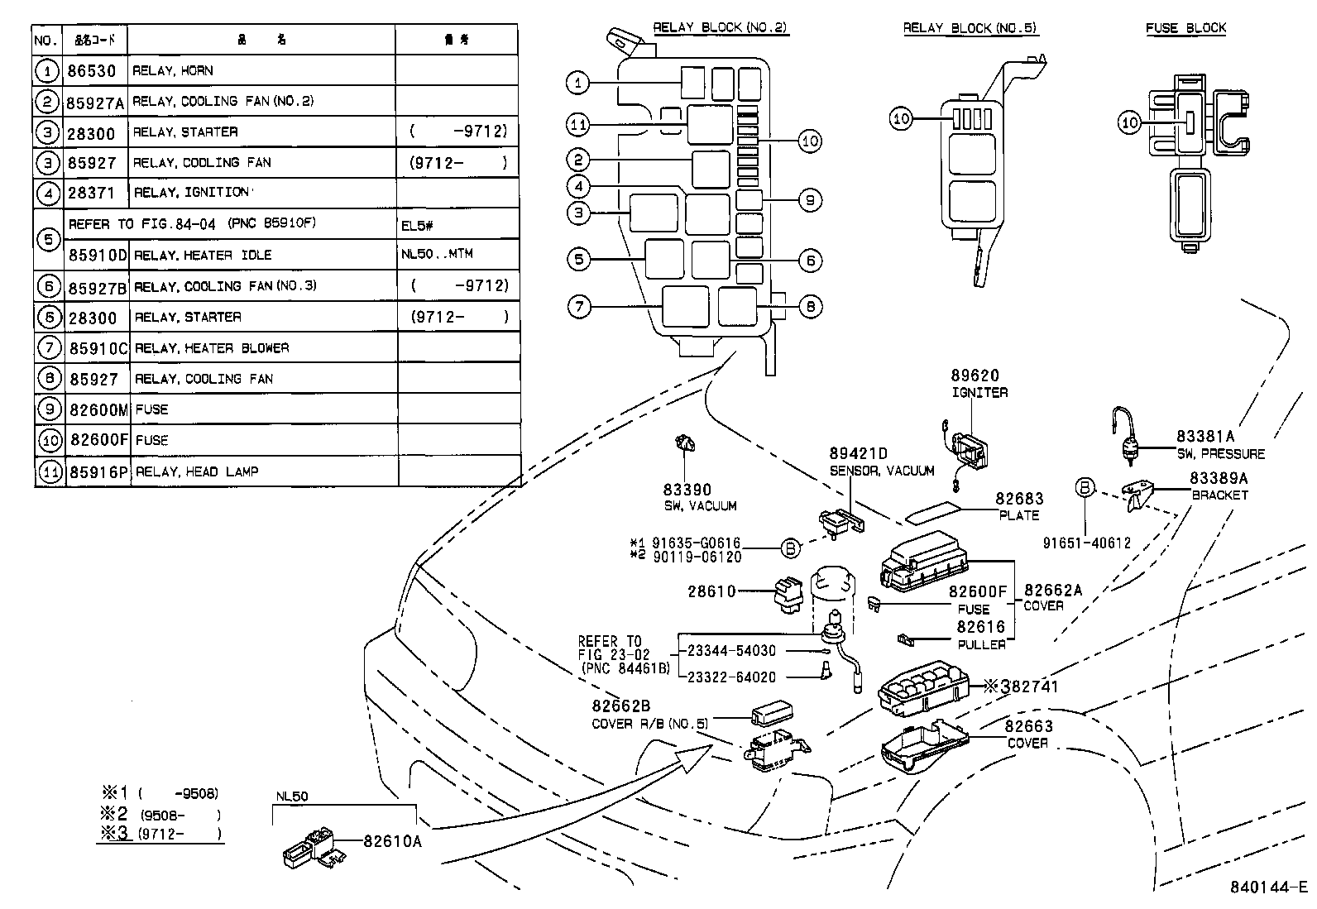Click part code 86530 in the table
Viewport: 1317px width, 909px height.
91,71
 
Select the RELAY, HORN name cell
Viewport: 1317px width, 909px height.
173,71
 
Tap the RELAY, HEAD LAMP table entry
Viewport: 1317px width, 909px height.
196,471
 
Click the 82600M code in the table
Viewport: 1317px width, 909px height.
98,409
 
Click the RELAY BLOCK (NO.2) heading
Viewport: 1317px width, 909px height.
720,27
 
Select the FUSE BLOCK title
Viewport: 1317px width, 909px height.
1185,28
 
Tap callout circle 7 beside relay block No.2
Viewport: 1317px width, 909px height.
579,307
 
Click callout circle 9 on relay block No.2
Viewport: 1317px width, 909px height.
810,200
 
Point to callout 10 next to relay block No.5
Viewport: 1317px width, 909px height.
901,119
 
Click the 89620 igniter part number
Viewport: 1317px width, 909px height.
975,377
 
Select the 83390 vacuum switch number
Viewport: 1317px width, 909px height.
687,490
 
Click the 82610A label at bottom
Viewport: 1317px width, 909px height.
392,841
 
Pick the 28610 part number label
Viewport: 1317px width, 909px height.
711,591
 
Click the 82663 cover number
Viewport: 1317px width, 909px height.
1028,726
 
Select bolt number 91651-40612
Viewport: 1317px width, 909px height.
1086,543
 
